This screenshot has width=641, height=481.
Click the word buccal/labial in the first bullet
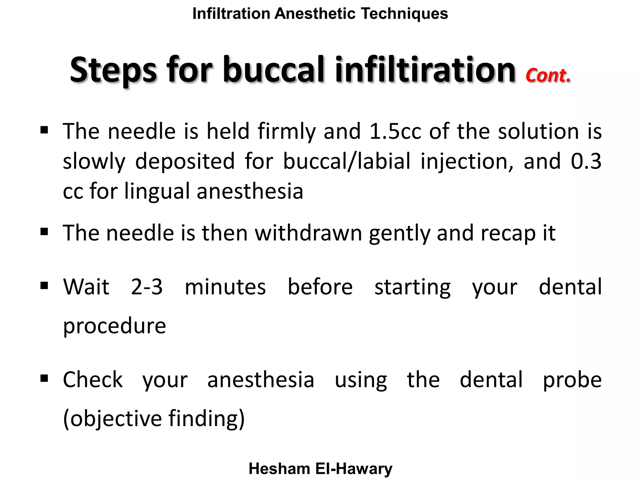point(346,161)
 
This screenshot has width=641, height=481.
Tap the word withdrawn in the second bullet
point(308,233)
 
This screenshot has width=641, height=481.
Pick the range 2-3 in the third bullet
point(147,287)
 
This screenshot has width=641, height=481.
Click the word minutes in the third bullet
point(225,287)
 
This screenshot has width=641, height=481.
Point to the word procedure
point(115,326)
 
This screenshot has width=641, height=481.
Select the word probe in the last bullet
point(572,380)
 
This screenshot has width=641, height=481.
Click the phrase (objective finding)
point(154,419)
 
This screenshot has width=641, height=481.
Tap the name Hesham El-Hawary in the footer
point(320,469)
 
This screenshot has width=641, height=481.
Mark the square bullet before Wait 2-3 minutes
point(44,286)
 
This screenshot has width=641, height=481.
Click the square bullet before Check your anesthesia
point(44,378)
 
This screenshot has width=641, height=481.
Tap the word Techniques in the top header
point(404,14)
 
